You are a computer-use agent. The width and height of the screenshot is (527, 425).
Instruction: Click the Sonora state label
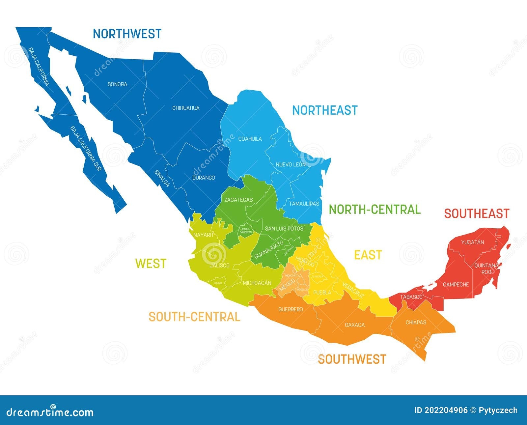(117, 84)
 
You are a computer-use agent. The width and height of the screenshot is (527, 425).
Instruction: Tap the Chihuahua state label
(186, 108)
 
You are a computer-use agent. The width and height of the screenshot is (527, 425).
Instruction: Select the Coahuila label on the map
(250, 139)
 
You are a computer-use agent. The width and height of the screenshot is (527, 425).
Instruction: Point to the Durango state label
(204, 178)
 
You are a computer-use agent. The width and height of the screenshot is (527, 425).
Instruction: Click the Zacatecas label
(238, 200)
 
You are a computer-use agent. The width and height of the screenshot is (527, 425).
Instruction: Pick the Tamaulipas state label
(304, 204)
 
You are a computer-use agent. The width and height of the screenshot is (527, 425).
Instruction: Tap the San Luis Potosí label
(285, 228)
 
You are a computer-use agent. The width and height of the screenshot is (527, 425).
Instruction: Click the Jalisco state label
(220, 265)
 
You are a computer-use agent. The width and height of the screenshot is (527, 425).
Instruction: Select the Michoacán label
(257, 283)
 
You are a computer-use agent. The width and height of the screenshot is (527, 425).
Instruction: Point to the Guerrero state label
(291, 309)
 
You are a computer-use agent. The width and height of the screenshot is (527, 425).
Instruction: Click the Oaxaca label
(355, 325)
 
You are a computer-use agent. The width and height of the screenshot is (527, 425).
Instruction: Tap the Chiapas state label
(416, 322)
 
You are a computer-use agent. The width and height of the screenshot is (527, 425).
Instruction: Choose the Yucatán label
(472, 242)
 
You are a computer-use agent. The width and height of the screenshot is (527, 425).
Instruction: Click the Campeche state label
(456, 284)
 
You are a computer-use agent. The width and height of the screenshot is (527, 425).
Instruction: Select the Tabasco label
(411, 297)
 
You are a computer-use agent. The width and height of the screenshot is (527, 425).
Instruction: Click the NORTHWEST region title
(127, 34)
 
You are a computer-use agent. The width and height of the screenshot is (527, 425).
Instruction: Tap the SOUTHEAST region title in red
(477, 213)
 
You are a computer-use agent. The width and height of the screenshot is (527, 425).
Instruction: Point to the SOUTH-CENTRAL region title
(194, 317)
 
